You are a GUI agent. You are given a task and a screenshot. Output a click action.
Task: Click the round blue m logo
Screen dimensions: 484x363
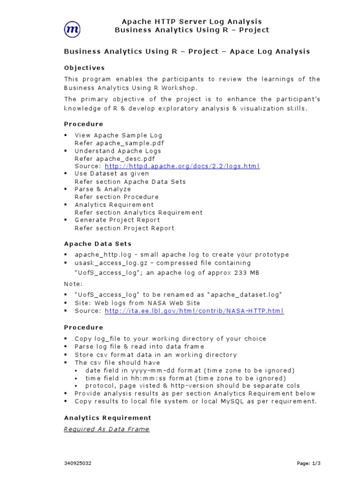(72, 29)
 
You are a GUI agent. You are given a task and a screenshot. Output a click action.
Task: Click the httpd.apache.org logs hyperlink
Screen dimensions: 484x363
(182, 166)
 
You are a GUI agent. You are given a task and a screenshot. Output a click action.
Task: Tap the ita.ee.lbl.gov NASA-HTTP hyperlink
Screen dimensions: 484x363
(194, 311)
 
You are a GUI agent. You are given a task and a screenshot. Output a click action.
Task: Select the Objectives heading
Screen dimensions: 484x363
(84, 68)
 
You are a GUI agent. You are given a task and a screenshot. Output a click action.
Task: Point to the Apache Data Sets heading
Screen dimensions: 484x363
(97, 244)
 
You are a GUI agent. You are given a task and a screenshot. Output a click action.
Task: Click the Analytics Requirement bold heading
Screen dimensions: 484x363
(107, 418)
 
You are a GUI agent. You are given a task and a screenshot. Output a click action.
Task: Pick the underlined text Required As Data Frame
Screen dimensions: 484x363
(106, 429)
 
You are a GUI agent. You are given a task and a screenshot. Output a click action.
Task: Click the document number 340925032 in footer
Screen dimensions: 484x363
(78, 464)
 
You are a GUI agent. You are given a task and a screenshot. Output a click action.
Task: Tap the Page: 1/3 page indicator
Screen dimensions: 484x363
(309, 464)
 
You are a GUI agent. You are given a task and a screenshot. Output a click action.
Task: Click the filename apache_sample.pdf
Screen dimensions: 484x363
(130, 143)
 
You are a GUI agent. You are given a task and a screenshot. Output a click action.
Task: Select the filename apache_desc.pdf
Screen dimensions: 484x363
(125, 159)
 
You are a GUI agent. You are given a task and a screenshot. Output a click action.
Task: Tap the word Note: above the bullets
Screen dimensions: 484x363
(73, 284)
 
